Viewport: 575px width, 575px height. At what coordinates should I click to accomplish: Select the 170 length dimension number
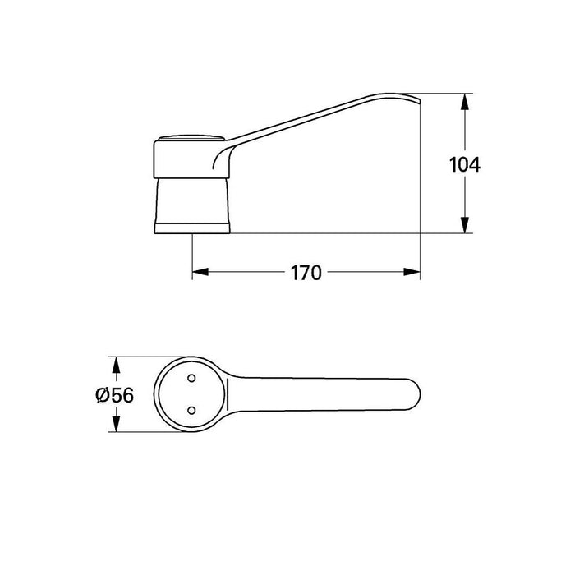pyautogui.click(x=306, y=274)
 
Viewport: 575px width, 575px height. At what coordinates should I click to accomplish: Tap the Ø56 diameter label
pyautogui.click(x=113, y=395)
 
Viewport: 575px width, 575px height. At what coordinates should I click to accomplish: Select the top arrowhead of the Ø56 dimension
pyautogui.click(x=117, y=364)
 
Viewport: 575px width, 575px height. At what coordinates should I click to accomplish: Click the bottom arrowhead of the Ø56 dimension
pyautogui.click(x=117, y=426)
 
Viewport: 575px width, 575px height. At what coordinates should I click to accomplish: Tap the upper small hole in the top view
pyautogui.click(x=191, y=379)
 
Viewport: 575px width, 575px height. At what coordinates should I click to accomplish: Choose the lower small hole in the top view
pyautogui.click(x=191, y=410)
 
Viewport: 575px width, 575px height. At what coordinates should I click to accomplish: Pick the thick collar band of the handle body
pyautogui.click(x=181, y=158)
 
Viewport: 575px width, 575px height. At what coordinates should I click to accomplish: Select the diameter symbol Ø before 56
pyautogui.click(x=102, y=395)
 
